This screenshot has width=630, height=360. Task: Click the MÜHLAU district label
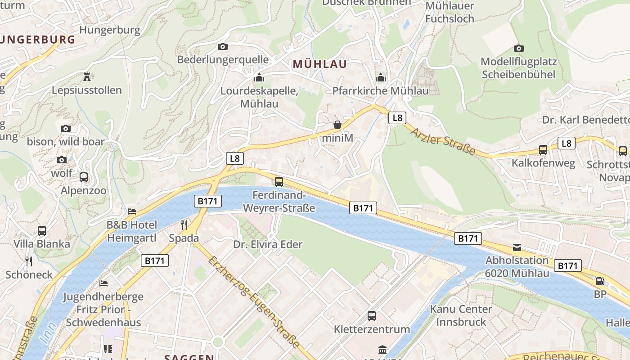pos(320,64)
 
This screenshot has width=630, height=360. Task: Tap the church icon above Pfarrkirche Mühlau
pos(381,78)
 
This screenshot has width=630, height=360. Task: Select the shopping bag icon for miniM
pos(337,125)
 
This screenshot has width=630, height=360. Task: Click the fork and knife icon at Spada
pos(184,225)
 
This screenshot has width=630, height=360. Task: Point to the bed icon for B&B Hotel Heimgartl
pos(132,211)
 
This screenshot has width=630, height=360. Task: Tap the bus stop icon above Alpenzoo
pos(84,177)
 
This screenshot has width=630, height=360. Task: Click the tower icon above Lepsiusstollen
pos(87,76)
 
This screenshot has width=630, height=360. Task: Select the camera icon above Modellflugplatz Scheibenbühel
pos(518,48)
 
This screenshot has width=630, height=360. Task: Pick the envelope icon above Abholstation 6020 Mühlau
pos(517,247)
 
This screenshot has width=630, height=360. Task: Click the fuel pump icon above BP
pos(600,281)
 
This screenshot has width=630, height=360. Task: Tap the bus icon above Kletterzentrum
pos(372,316)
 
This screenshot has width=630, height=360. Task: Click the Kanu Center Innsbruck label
pos(461,315)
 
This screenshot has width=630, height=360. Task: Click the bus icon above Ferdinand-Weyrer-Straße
pos(279,182)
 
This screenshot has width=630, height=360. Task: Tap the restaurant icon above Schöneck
pos(29,261)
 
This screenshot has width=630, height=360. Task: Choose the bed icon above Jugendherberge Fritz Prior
pos(103,283)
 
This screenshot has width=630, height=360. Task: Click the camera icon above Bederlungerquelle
pos(222,46)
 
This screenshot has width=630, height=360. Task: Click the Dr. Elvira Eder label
pos(268,245)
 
